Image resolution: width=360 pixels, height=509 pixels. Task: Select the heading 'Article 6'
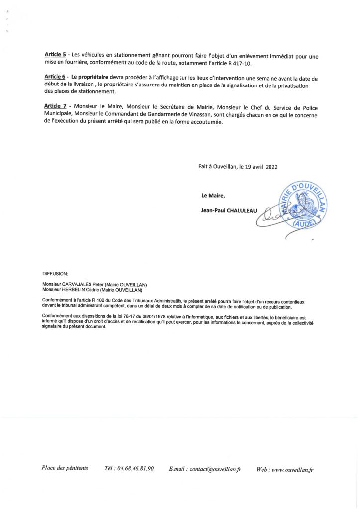[x=55, y=78]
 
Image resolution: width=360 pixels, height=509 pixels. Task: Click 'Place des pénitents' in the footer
[x=65, y=468]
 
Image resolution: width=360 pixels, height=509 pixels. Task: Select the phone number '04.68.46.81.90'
[x=136, y=469]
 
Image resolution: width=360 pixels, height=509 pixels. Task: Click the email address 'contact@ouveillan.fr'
[x=215, y=469]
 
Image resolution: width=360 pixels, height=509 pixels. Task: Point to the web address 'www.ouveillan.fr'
[x=293, y=469]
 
